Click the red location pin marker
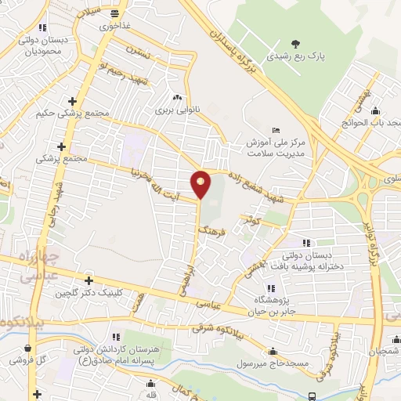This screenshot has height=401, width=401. (x=200, y=184)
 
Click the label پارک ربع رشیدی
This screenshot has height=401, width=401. (x=294, y=56)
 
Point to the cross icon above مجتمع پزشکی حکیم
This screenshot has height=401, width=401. (x=73, y=101)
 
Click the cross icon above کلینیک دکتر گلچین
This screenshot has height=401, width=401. (x=89, y=280)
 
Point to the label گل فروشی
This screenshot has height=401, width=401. (x=28, y=361)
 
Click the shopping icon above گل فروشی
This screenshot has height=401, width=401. (x=28, y=349)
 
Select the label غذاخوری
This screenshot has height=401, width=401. (x=115, y=25)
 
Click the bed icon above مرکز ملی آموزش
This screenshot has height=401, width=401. (x=275, y=129)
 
